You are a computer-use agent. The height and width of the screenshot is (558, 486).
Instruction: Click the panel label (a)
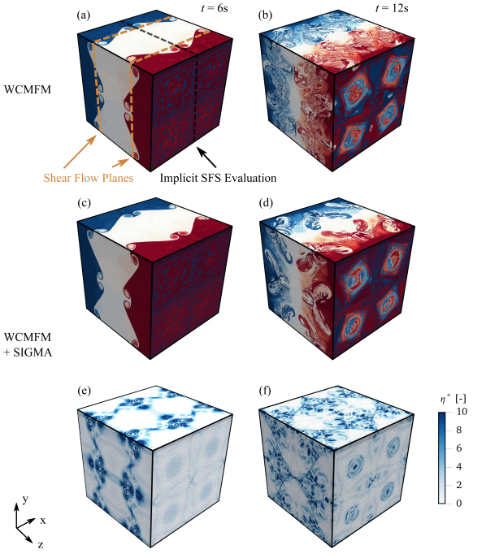coord(84,15)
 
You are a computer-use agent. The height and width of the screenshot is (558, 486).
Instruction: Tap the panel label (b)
coord(266,15)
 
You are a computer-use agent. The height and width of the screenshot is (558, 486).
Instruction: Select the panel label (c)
coord(84,203)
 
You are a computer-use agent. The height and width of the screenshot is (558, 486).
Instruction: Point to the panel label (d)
coord(266,203)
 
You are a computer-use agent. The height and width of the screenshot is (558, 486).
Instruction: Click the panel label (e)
coord(84,391)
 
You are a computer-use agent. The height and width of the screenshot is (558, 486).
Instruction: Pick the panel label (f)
coord(265,391)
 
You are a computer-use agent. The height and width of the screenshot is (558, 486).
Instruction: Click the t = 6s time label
coord(215,8)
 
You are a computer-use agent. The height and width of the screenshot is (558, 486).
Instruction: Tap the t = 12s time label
coord(392,8)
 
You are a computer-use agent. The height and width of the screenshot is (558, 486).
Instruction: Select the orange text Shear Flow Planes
coord(89,178)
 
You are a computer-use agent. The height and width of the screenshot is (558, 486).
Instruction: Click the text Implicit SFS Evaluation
coord(218,178)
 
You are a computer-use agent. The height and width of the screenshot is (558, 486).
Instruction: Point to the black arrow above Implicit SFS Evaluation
coord(207,158)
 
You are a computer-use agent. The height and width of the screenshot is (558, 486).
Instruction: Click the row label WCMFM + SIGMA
coord(28,344)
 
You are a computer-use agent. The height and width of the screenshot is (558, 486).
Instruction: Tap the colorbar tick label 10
coord(462,411)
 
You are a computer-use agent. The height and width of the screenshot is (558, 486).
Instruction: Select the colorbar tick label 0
coord(459,503)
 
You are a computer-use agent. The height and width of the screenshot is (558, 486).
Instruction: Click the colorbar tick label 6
coord(459,448)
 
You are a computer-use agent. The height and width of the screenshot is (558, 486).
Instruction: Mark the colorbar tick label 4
coord(459,466)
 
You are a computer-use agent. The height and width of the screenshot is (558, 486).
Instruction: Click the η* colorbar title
coord(453,399)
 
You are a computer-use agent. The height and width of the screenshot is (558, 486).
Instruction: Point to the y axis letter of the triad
coord(25,500)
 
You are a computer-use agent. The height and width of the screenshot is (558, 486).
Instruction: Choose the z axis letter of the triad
coord(41,544)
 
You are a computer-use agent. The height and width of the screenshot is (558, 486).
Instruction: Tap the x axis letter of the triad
coord(43,521)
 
